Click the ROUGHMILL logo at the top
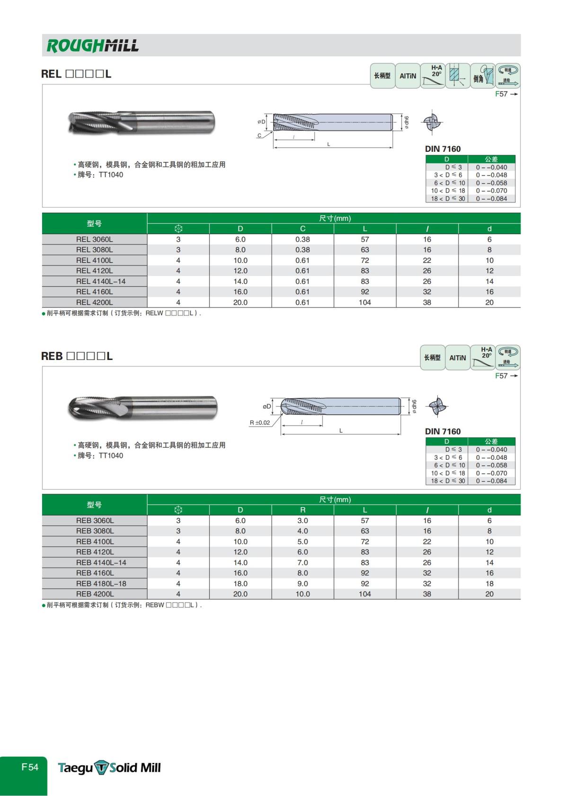pos(92,45)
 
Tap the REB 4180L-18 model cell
pos(101,584)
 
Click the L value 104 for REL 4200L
pos(364,303)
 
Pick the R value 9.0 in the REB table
pos(302,584)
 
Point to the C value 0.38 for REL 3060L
pos(302,239)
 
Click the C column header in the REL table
pos(302,229)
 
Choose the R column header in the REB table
pos(302,510)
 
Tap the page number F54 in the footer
pos(29,767)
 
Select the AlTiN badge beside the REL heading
pos(408,76)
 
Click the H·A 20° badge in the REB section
pos(483,358)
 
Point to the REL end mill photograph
pos(141,122)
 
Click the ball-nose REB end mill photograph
pos(142,407)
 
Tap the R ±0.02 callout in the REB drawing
pos(260,423)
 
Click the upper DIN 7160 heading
pos(443,149)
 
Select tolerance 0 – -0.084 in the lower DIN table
pos(491,481)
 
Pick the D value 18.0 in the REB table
pos(240,584)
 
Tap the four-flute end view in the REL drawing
pos(432,122)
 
